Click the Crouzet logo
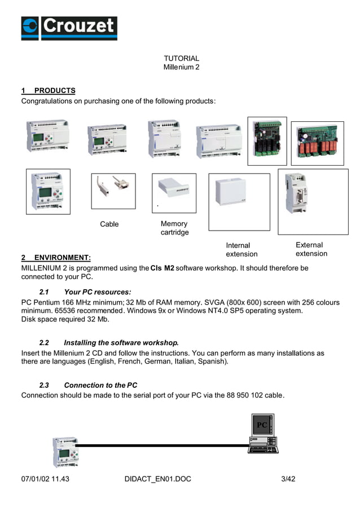click(x=69, y=28)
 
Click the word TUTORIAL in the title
click(x=181, y=58)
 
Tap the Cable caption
click(x=109, y=224)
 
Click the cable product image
click(x=113, y=191)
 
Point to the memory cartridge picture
click(x=174, y=189)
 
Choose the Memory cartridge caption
click(x=174, y=228)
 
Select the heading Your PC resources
click(x=98, y=292)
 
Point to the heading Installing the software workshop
click(x=121, y=342)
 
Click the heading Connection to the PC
click(x=100, y=385)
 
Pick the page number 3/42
click(x=288, y=479)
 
